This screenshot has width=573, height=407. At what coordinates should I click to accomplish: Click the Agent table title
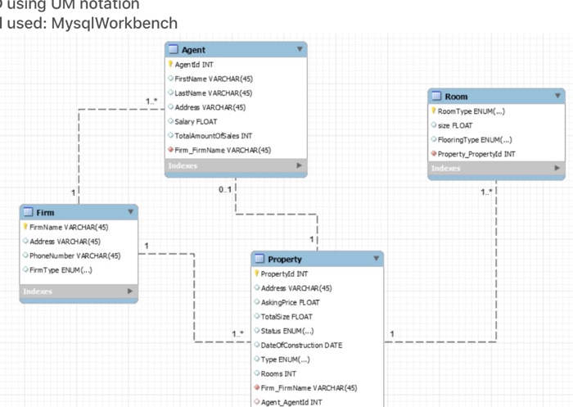(x=194, y=50)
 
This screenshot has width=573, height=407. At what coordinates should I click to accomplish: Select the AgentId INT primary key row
(x=195, y=64)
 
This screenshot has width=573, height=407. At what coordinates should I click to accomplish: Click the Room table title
(x=456, y=97)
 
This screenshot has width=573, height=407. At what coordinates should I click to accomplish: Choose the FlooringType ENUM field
(x=475, y=139)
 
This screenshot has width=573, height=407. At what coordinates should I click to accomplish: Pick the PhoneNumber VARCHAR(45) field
(x=74, y=256)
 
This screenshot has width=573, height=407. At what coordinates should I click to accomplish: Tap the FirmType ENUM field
(x=61, y=269)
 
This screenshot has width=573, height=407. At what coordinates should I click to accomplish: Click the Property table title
(x=285, y=259)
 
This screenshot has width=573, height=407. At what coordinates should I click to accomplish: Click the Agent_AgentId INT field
(x=292, y=402)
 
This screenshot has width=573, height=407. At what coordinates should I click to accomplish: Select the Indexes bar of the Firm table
(x=78, y=291)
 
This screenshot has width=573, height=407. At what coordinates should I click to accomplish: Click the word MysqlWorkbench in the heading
(x=114, y=22)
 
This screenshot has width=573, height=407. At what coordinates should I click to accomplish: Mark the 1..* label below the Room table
(x=486, y=192)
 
